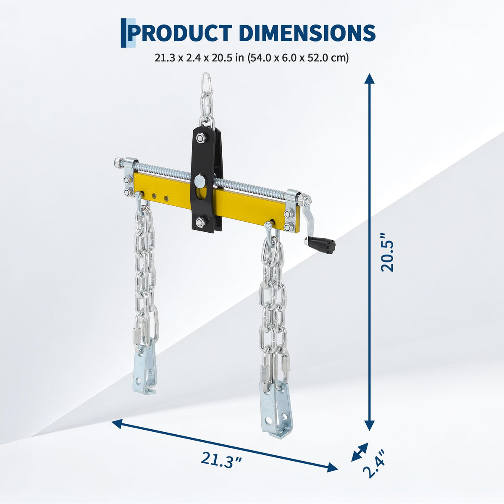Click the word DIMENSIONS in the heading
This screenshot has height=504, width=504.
[x=307, y=33]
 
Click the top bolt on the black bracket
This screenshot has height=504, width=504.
[x=200, y=138]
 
